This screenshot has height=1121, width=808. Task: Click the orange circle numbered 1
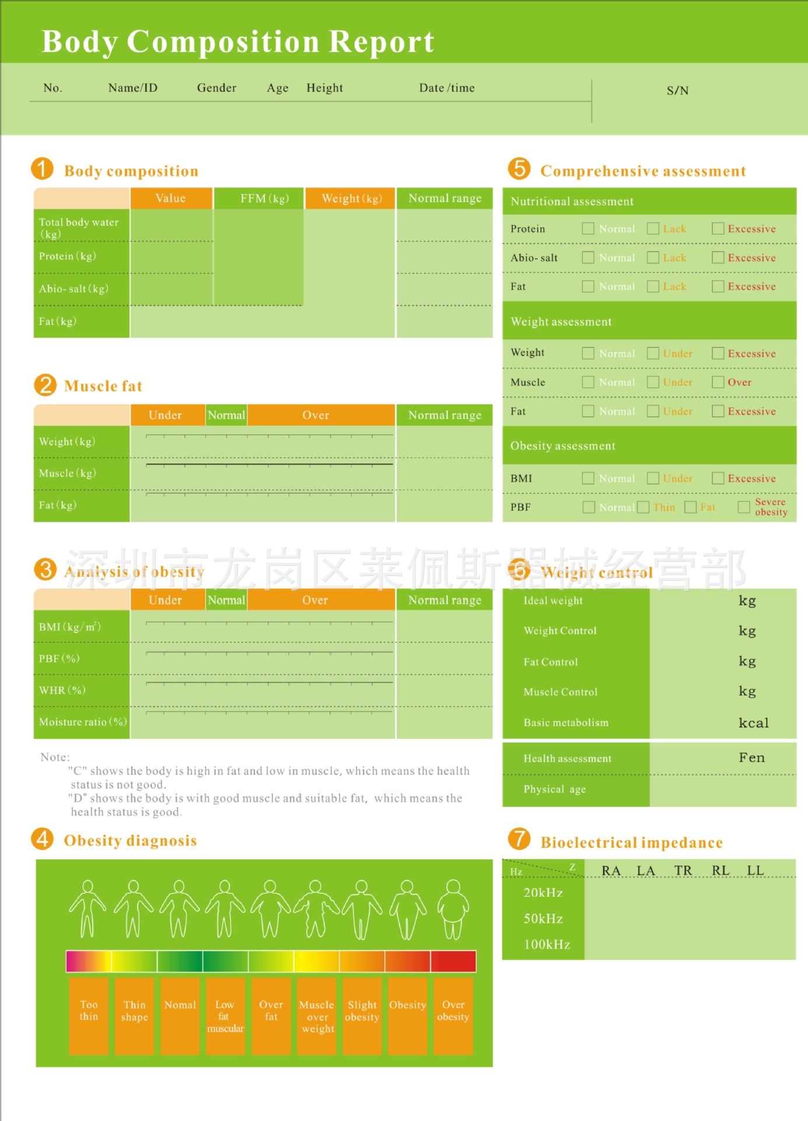point(42,169)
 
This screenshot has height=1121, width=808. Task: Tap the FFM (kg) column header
point(264,199)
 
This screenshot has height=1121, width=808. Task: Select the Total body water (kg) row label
point(79,227)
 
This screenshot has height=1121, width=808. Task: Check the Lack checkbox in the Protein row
point(653,228)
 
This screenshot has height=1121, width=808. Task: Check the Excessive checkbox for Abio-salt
point(718,257)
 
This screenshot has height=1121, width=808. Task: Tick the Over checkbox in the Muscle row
point(718,382)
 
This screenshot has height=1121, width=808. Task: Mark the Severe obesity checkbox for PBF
point(743,507)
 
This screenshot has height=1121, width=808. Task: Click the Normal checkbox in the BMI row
point(588,478)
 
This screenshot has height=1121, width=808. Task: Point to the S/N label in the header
point(677,90)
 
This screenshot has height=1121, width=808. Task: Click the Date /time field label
point(447,88)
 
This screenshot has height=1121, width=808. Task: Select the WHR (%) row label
point(62,690)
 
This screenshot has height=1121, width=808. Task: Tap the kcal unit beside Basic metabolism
point(753,723)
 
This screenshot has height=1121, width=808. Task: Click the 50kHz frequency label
point(543,918)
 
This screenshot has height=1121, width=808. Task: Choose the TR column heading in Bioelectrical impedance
point(683,871)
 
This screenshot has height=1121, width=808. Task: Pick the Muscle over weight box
point(317,1016)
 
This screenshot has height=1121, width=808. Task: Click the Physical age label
point(555,789)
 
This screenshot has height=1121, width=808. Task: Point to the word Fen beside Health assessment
point(751,757)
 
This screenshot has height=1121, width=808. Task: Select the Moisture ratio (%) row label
point(82,722)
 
